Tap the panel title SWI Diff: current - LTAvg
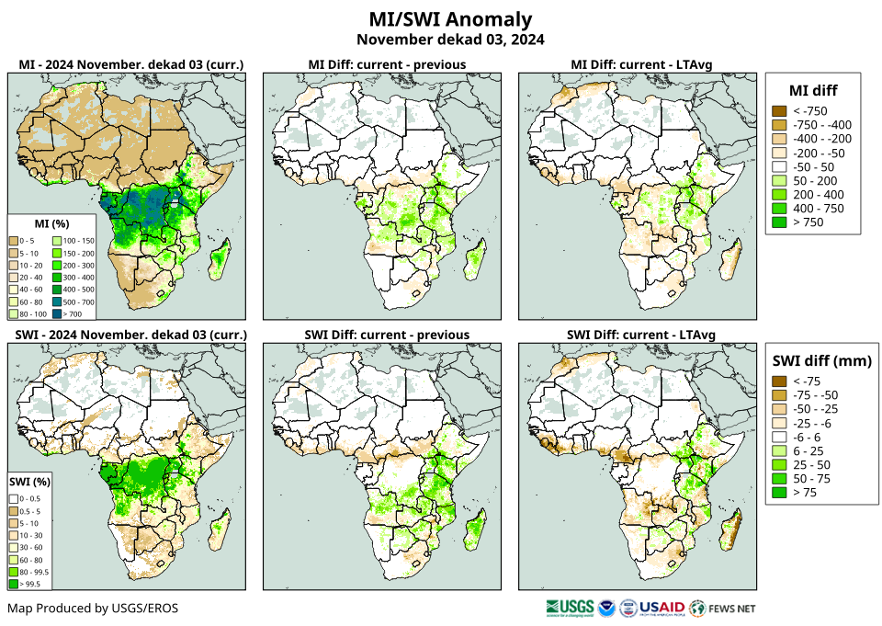tap(640, 334)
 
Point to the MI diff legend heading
tap(812, 89)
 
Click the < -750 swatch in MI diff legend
tap(779, 111)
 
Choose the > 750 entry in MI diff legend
tap(779, 222)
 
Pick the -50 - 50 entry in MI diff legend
tap(779, 167)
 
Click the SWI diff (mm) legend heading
tap(821, 360)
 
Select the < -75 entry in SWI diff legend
tap(779, 381)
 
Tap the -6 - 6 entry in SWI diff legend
tap(779, 438)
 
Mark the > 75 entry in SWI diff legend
tap(779, 493)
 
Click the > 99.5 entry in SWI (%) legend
tap(16, 583)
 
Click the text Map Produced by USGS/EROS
tap(93, 609)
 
